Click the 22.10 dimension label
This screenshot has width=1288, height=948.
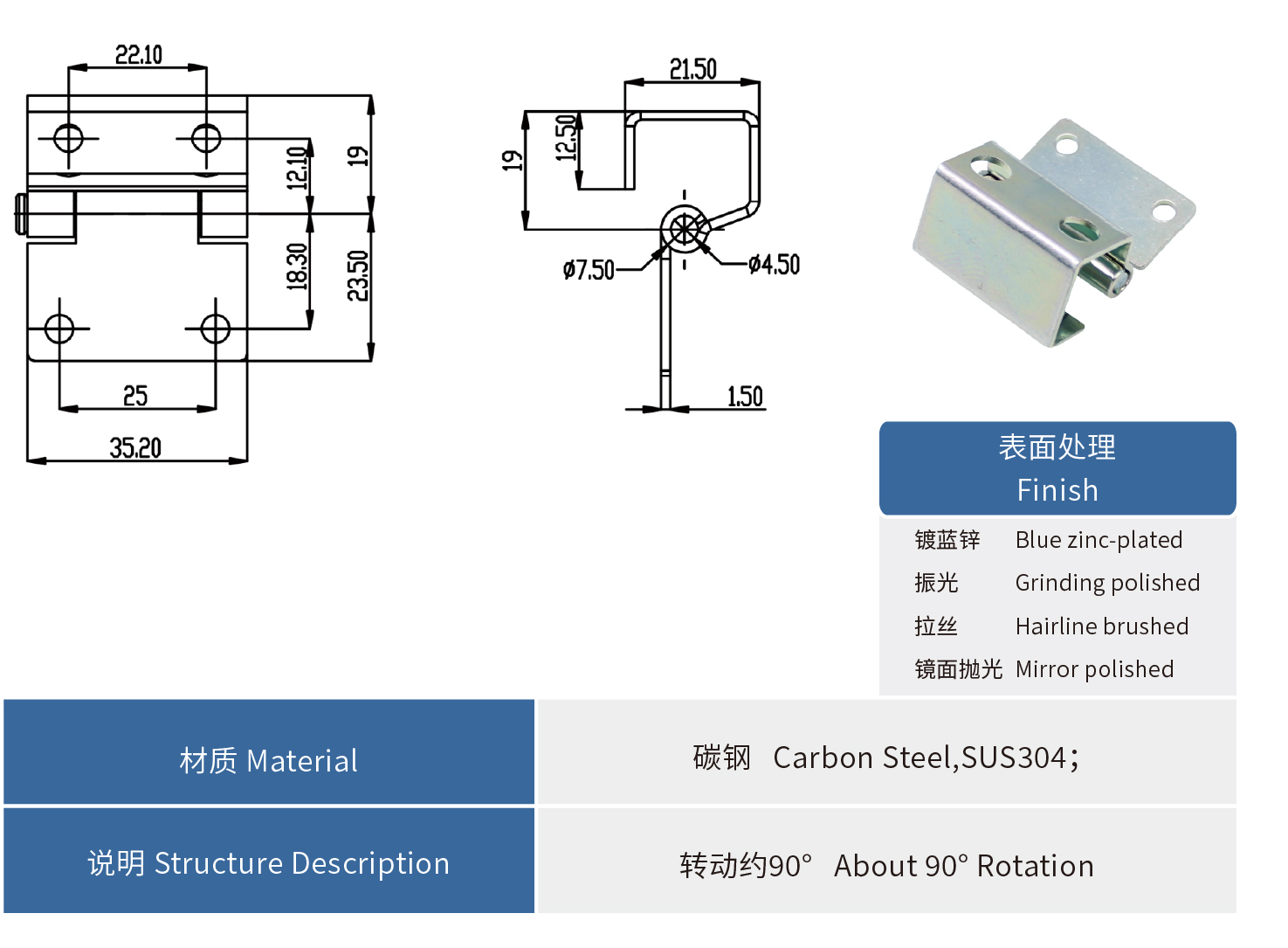139,55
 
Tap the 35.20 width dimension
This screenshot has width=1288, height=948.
135,448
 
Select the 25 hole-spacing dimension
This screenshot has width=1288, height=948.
135,396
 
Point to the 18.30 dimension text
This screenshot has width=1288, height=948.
298,266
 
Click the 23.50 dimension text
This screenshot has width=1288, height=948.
358,275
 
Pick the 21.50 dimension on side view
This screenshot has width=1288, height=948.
693,69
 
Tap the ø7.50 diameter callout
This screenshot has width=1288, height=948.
589,270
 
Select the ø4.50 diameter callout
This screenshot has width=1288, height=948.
775,264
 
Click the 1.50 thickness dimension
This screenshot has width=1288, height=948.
745,397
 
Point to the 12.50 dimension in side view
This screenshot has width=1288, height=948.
567,138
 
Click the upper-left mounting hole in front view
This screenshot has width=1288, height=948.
68,138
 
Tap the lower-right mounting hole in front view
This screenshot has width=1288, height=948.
215,329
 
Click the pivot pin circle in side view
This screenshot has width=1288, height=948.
684,230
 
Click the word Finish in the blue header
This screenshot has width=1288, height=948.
1057,490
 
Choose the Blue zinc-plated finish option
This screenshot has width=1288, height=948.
1099,540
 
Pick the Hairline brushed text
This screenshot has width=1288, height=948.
1101,626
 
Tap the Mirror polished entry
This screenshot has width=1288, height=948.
1094,669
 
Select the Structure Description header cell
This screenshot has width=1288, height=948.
269,862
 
